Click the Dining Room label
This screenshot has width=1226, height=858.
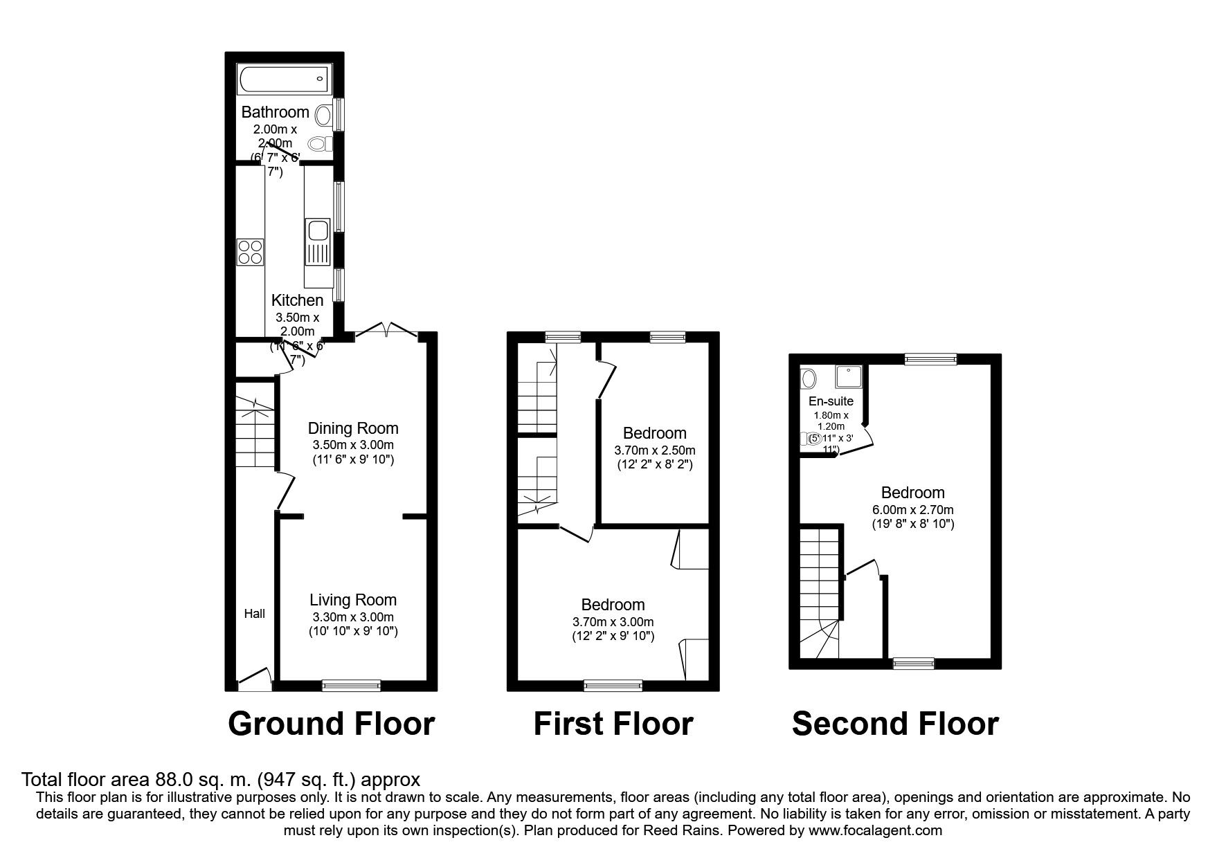[x=353, y=428]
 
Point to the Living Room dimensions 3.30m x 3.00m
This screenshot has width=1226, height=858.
[x=353, y=617]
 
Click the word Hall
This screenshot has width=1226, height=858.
[x=254, y=614]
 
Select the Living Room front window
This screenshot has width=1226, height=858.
[x=351, y=686]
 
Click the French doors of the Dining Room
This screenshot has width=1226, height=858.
[x=387, y=332]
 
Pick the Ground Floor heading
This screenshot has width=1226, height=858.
[x=331, y=724]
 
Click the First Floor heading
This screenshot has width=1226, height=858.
[x=613, y=724]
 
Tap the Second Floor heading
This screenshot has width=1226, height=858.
[x=895, y=724]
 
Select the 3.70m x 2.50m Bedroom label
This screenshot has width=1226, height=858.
[x=654, y=434]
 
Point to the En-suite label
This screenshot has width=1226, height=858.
[x=831, y=401]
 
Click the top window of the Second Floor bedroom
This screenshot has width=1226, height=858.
[x=930, y=358]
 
